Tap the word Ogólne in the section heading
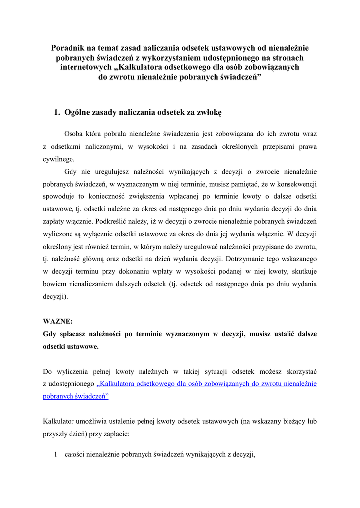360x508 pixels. (x=78, y=113)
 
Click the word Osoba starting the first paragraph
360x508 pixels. (x=74, y=134)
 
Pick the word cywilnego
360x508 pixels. (x=59, y=160)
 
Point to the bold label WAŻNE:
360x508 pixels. (x=58, y=321)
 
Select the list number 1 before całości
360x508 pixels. (x=56, y=455)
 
